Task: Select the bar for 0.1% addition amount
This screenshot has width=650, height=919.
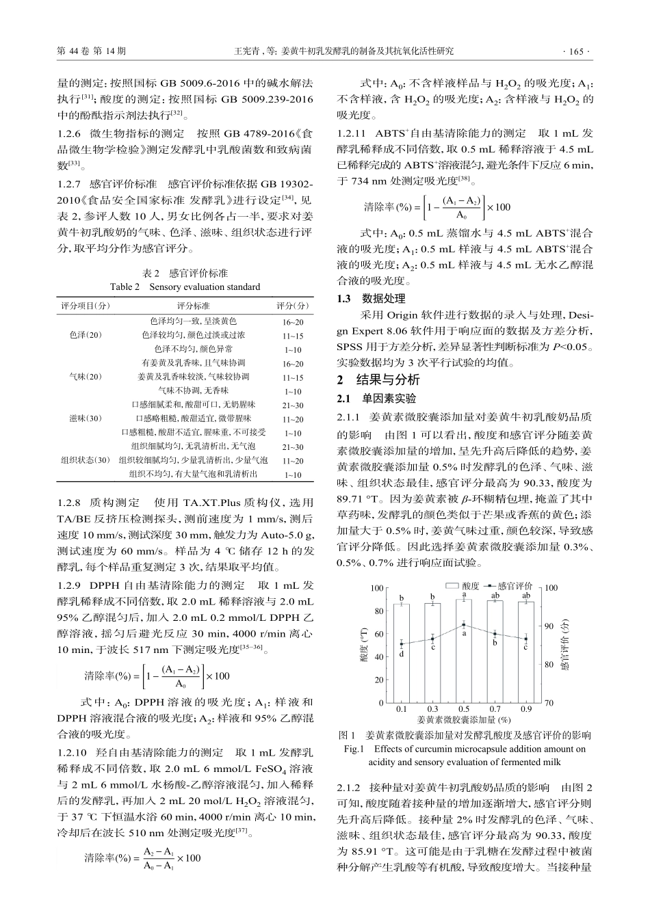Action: [x=402, y=653]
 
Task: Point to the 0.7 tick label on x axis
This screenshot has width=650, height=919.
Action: [x=495, y=709]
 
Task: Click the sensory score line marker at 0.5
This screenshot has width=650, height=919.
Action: [x=464, y=625]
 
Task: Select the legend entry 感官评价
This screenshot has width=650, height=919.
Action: [x=514, y=587]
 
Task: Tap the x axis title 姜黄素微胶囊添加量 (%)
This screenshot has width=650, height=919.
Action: [x=464, y=719]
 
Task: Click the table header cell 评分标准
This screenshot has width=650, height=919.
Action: [x=194, y=306]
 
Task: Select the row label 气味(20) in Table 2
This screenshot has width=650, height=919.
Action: [x=86, y=377]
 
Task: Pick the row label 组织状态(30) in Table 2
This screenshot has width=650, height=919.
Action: [x=86, y=460]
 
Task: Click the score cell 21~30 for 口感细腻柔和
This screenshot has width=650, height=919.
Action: [x=293, y=405]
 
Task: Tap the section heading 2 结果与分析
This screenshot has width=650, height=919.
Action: [x=378, y=380]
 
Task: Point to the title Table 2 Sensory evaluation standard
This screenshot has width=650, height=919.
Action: [x=185, y=287]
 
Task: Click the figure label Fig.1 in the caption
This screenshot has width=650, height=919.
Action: [x=352, y=749]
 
